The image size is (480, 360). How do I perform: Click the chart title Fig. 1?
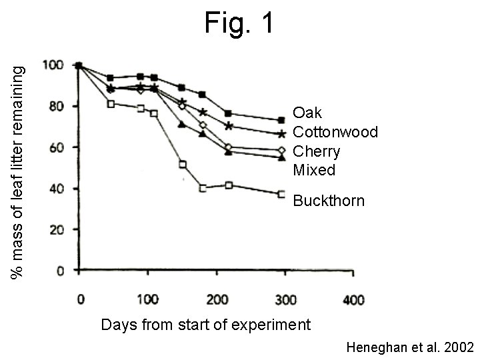(239, 24)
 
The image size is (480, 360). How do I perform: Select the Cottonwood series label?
(335, 132)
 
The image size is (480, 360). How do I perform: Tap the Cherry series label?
(317, 151)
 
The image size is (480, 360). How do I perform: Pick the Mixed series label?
(314, 170)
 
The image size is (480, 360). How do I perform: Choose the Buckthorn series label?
(329, 201)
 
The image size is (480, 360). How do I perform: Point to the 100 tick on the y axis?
(53, 65)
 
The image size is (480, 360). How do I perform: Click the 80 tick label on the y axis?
(55, 106)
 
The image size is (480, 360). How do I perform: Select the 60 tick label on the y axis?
(55, 147)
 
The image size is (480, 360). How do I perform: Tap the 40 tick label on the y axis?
(55, 189)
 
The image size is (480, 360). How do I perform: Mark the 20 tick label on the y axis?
(55, 230)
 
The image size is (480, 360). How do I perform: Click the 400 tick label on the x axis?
(353, 300)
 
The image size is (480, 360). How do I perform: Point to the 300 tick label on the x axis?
(285, 300)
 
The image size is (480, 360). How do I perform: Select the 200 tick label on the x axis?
(216, 300)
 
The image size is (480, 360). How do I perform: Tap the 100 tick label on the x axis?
(147, 300)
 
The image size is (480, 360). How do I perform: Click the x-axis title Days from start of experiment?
(205, 325)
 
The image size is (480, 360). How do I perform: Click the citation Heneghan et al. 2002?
(410, 347)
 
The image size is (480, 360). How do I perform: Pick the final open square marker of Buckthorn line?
(282, 194)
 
